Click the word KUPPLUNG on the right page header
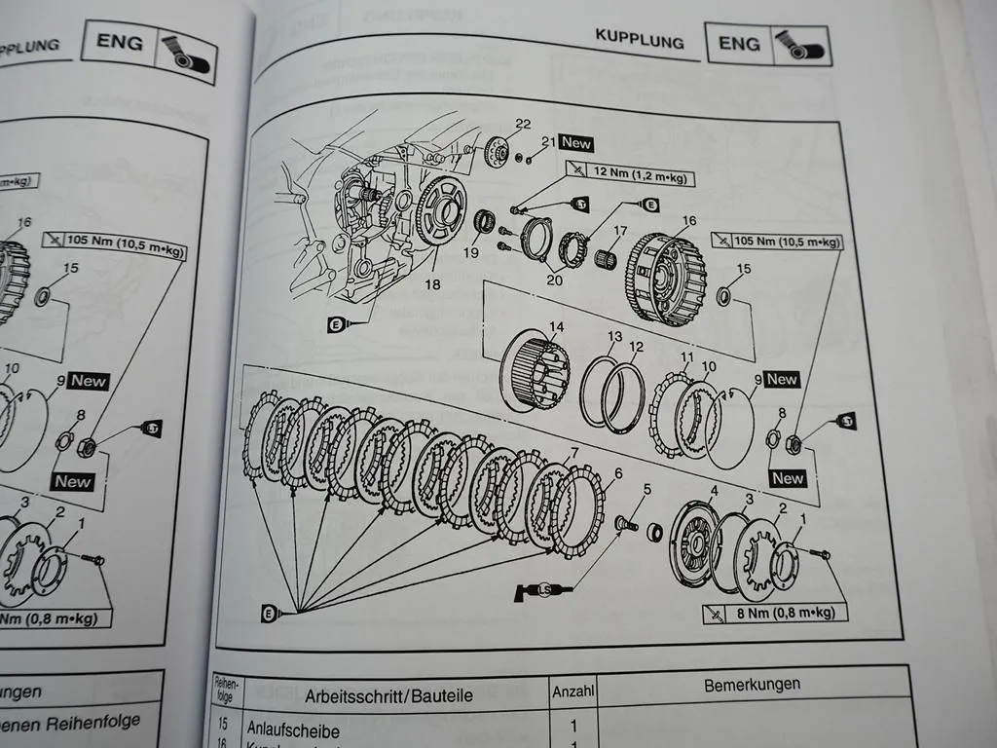[639, 40]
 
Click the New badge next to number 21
[575, 143]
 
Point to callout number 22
[524, 124]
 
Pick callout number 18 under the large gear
[431, 284]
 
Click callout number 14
[557, 327]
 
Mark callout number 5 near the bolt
[646, 489]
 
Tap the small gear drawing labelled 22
[497, 152]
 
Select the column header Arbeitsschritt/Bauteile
[388, 695]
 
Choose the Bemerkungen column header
[752, 685]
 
